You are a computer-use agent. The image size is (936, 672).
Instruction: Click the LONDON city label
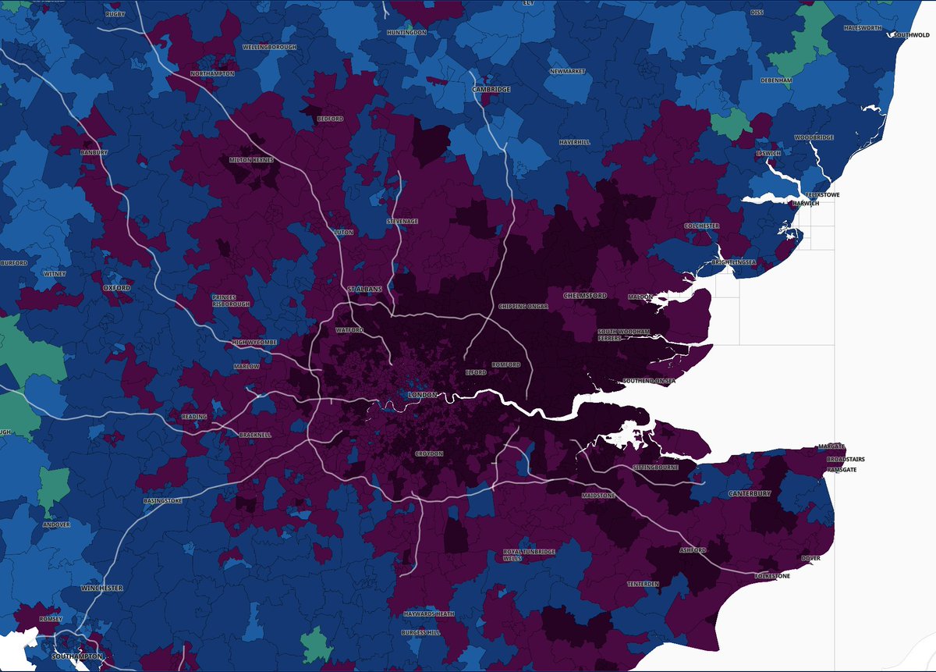423,396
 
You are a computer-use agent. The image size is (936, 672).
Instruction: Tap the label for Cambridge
491,90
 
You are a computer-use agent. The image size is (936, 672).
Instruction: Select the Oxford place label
117,288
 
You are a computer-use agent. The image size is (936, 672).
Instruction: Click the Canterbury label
750,494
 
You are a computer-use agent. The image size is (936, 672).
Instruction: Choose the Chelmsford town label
585,296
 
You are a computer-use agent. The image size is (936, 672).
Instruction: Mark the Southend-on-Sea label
648,381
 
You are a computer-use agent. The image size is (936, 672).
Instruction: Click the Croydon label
429,453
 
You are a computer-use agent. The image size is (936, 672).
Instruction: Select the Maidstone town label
598,496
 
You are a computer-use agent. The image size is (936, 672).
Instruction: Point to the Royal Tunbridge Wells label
529,556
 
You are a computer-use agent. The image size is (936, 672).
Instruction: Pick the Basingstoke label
163,500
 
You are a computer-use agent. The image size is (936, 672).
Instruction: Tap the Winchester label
101,588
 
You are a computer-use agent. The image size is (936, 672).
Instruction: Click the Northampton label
212,73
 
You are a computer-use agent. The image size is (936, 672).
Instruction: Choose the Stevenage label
402,222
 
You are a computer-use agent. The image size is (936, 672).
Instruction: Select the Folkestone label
772,576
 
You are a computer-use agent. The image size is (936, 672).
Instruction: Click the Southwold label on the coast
911,35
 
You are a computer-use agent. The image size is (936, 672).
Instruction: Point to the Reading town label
194,417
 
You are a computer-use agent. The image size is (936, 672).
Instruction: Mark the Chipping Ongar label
523,305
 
